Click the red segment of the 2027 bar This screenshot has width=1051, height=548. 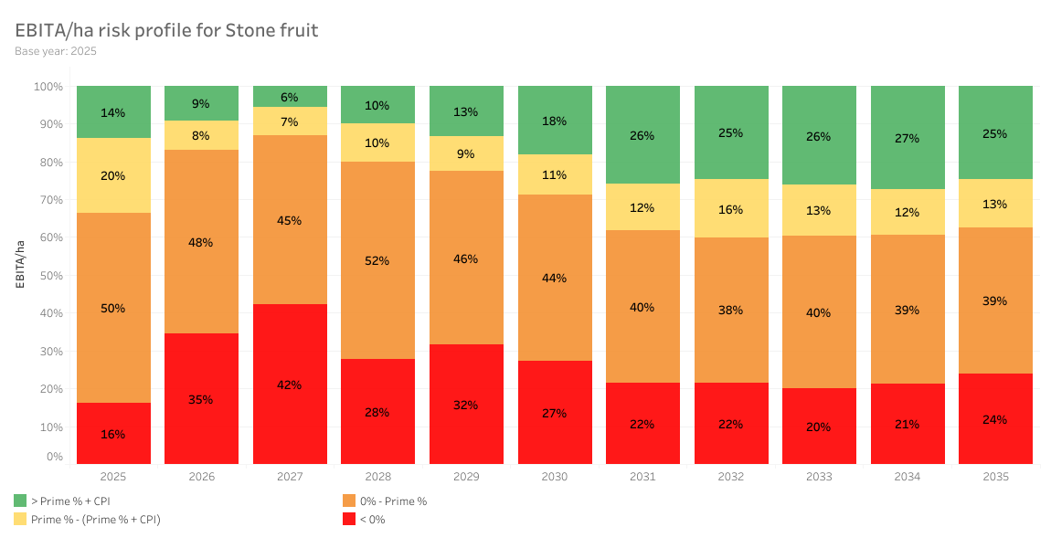(x=290, y=384)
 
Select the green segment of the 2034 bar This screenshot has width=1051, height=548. (x=908, y=138)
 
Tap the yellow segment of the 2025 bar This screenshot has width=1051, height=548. (x=113, y=175)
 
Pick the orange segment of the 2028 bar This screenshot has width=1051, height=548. (x=377, y=260)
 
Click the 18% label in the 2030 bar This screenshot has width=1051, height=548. (x=554, y=121)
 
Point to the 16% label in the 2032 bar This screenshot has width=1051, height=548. (x=730, y=209)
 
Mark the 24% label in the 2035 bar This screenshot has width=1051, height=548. (x=995, y=419)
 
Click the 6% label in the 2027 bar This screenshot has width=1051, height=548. (x=290, y=97)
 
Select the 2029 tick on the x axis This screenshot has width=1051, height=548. (x=466, y=477)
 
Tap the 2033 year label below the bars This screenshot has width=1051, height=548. (x=819, y=477)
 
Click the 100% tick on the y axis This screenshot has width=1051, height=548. (x=48, y=87)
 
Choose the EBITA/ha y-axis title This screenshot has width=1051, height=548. (x=19, y=263)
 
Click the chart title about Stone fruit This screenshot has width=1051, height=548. (x=166, y=30)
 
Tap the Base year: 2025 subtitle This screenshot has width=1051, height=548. (x=56, y=51)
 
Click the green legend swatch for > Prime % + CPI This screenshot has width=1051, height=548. (x=20, y=501)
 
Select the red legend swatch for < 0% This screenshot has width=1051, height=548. (x=349, y=519)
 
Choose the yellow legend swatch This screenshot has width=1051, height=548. (x=20, y=519)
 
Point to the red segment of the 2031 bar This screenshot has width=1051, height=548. (x=642, y=423)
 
